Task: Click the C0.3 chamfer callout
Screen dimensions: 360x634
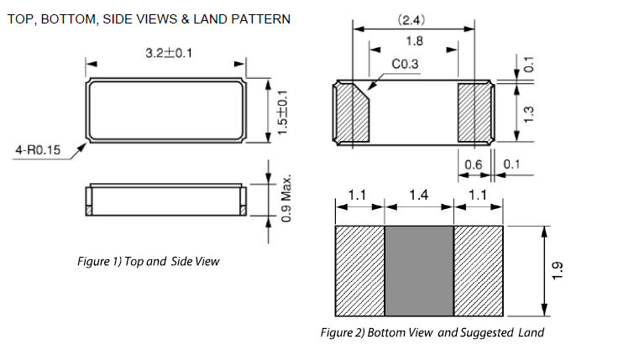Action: (x=408, y=64)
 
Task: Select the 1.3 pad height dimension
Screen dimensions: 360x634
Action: (x=527, y=112)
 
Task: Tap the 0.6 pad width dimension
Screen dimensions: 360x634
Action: (x=474, y=164)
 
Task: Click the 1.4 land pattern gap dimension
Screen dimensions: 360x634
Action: (x=418, y=195)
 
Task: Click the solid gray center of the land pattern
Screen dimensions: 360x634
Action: (x=418, y=271)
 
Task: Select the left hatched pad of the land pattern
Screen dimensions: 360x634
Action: (x=359, y=271)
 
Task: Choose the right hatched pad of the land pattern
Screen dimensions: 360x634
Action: (x=479, y=271)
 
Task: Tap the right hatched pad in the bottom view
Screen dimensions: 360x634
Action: (x=474, y=112)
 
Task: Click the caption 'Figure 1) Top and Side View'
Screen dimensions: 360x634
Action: (x=148, y=262)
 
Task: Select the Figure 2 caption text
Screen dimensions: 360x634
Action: (x=432, y=332)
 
